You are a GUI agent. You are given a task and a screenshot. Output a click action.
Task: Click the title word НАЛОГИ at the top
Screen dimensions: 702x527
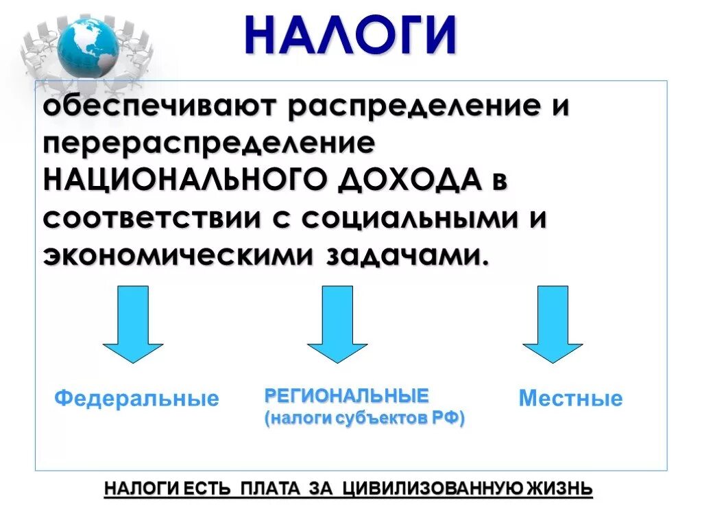(x=350, y=35)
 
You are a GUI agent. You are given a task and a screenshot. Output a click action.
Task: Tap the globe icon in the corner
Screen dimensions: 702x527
(x=87, y=46)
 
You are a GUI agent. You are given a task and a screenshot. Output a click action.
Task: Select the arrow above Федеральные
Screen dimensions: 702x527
(x=133, y=323)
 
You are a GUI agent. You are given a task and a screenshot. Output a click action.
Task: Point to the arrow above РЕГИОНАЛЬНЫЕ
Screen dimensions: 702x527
(x=337, y=323)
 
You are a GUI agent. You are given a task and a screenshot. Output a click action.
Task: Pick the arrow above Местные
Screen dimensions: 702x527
(x=553, y=323)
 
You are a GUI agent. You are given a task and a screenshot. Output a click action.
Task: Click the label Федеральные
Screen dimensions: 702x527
(x=137, y=398)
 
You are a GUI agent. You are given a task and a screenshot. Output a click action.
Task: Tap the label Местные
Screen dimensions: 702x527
(x=570, y=398)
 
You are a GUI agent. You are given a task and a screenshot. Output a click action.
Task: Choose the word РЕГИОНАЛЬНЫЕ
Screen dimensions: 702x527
(x=346, y=395)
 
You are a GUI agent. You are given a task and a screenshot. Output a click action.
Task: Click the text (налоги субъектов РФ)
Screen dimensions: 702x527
(x=365, y=418)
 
